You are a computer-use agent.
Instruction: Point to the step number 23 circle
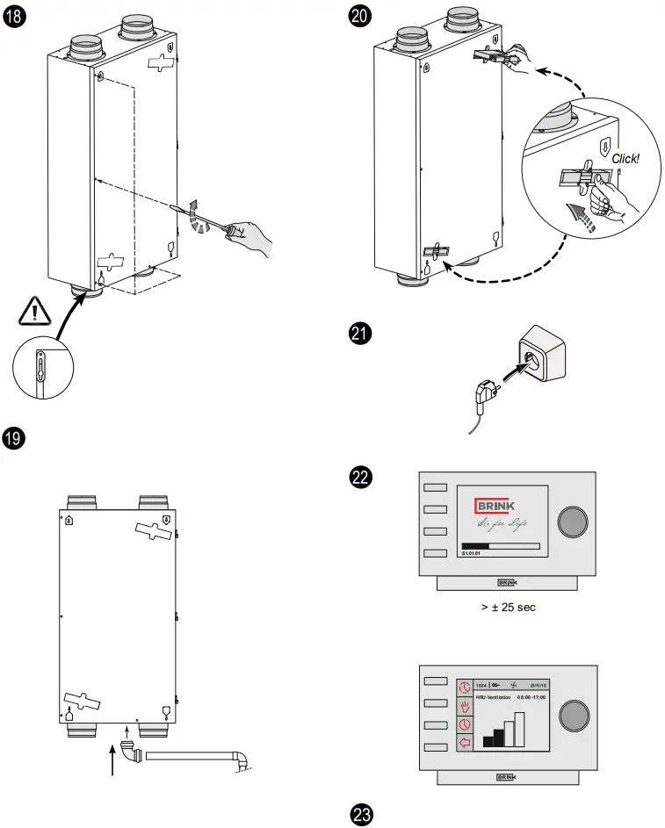pyautogui.click(x=361, y=814)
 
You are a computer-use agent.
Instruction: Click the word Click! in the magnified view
pyautogui.click(x=625, y=159)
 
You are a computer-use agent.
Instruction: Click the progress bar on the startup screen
pyautogui.click(x=500, y=545)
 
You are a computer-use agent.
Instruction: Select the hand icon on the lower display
pyautogui.click(x=465, y=705)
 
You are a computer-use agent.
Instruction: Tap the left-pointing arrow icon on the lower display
pyautogui.click(x=465, y=743)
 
